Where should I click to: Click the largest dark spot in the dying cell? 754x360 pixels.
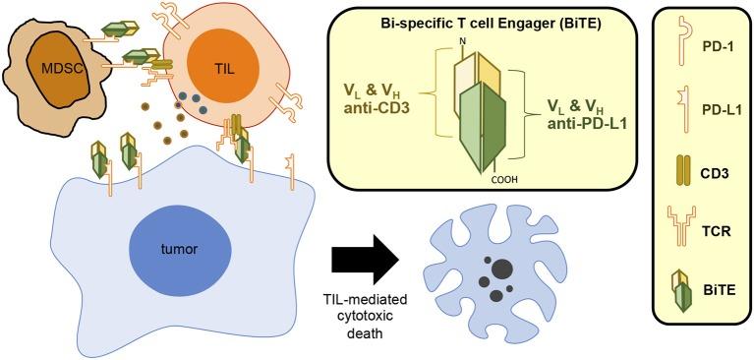point(502,267)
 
